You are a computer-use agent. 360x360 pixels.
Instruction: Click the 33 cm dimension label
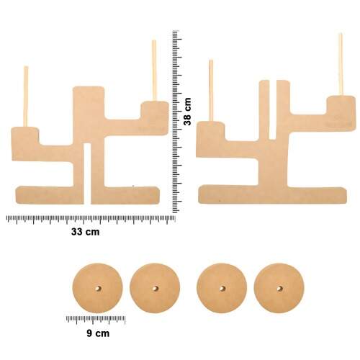coord(85,232)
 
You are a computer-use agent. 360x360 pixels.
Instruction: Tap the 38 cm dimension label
coord(187,112)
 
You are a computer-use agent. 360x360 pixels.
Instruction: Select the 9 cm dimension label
coord(98,333)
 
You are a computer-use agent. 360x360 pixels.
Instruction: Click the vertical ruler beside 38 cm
coord(177,122)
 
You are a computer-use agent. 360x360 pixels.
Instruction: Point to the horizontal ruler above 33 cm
coord(91,220)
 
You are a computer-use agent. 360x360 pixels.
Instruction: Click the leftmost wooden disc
coord(98,288)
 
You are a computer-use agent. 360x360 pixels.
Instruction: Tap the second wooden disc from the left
coord(155,288)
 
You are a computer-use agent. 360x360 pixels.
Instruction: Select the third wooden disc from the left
coord(222,288)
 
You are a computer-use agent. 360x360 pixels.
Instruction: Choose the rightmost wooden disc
coord(279,288)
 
